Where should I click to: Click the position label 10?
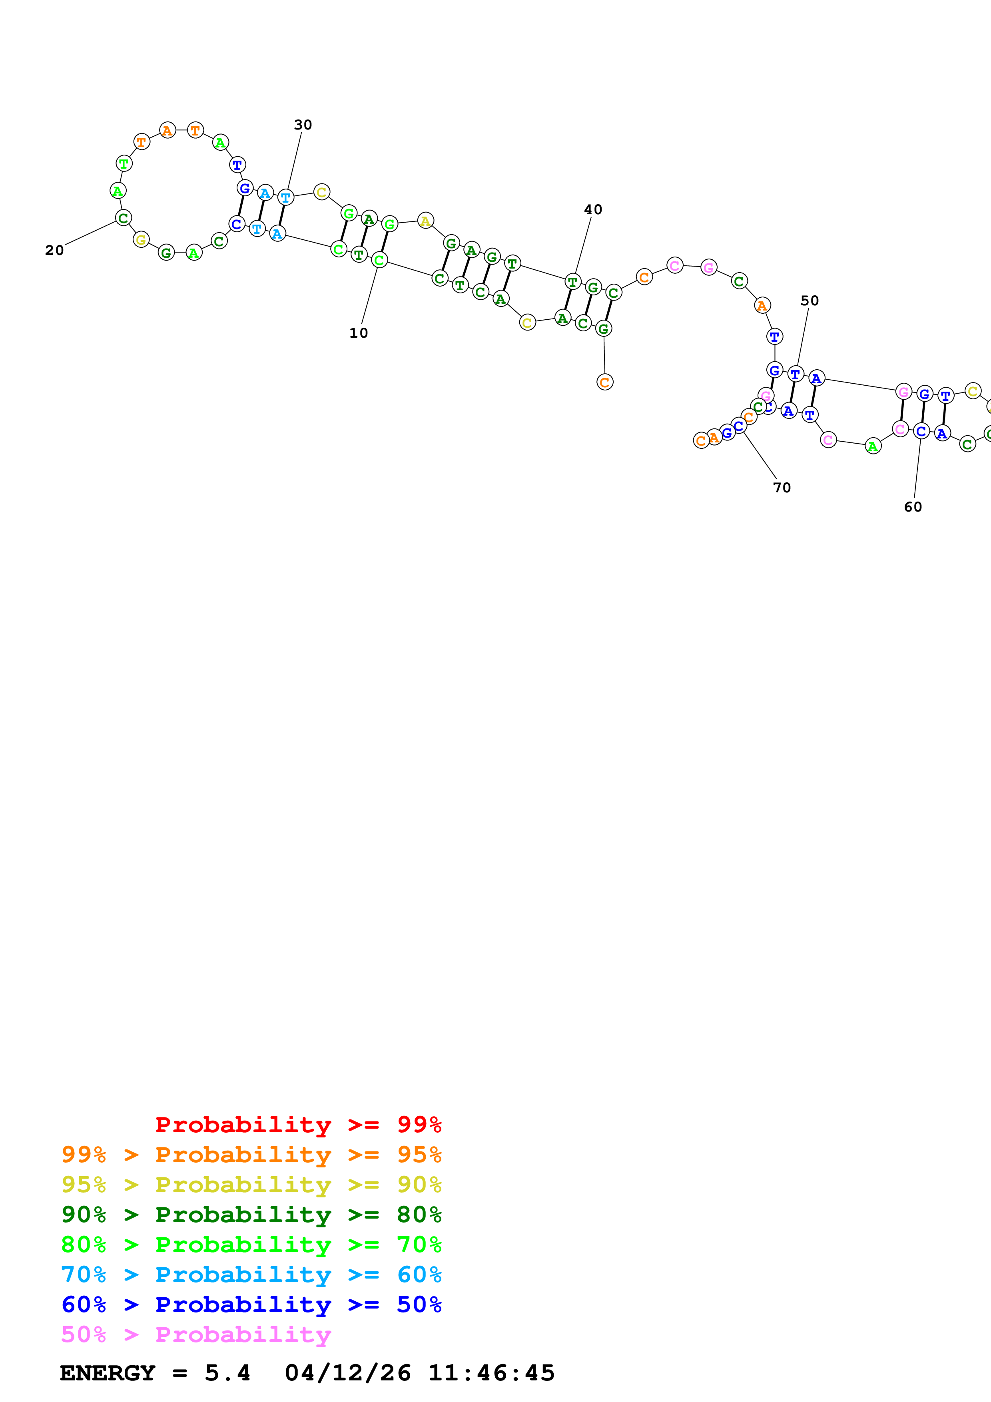pos(359,333)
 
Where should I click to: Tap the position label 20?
pos(54,250)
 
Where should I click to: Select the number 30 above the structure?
pos(303,125)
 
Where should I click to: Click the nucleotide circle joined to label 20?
pos(124,218)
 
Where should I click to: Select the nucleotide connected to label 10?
pos(379,260)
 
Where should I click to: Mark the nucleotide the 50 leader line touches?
pos(795,374)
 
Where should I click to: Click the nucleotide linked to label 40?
pos(572,282)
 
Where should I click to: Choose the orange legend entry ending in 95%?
pos(251,1155)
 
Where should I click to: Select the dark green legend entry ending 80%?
pos(251,1215)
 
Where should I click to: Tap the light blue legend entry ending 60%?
pos(251,1275)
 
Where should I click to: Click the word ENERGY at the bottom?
pos(108,1373)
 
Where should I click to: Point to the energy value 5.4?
pos(227,1373)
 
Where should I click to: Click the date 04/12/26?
pos(347,1373)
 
